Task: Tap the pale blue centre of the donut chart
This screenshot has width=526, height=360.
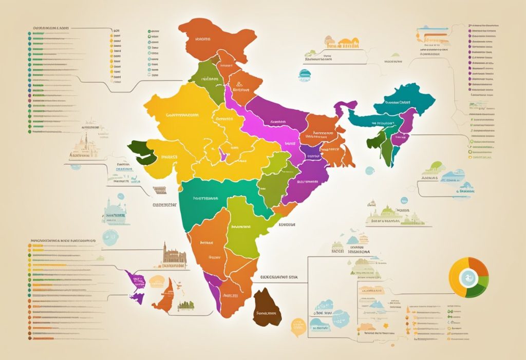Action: pyautogui.click(x=468, y=278)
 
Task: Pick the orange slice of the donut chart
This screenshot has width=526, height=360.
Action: pyautogui.click(x=479, y=267)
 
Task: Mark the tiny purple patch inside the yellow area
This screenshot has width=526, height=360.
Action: pyautogui.click(x=223, y=155)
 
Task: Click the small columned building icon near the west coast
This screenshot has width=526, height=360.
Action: pyautogui.click(x=160, y=190)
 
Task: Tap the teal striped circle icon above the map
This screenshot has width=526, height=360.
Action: pyautogui.click(x=304, y=75)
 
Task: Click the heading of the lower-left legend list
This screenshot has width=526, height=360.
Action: pyautogui.click(x=64, y=240)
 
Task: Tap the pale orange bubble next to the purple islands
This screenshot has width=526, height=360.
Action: pyautogui.click(x=157, y=281)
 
